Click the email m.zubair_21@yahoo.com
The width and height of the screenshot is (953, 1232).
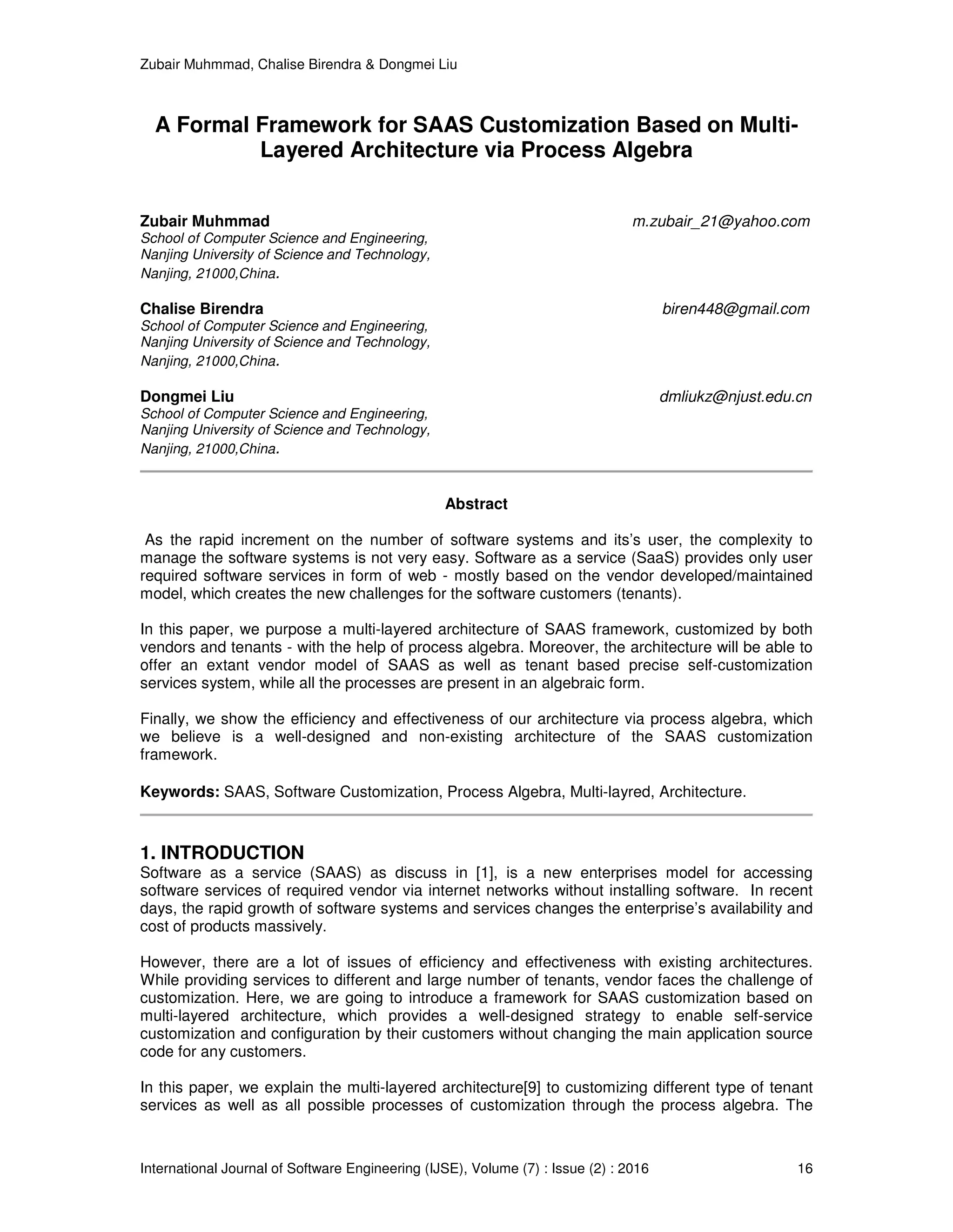click(721, 222)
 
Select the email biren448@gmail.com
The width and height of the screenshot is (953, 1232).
click(736, 309)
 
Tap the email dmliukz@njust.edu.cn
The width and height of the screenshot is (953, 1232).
click(735, 397)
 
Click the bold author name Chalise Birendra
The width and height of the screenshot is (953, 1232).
click(201, 309)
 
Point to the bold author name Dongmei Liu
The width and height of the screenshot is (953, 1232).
click(187, 397)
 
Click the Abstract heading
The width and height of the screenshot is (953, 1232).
click(476, 504)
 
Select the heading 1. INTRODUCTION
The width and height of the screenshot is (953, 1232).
click(222, 852)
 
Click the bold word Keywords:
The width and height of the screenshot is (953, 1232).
click(180, 792)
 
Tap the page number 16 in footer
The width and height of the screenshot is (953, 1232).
click(805, 1168)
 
